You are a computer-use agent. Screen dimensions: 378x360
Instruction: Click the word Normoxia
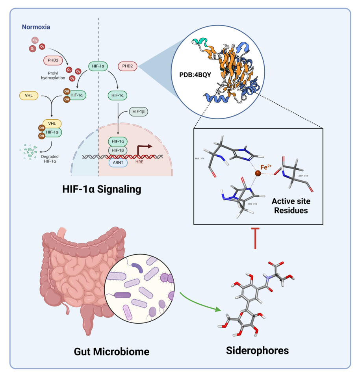[x=36, y=28]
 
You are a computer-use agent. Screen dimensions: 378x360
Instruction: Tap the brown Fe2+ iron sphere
[x=258, y=173]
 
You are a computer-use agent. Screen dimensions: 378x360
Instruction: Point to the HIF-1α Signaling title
[x=101, y=189]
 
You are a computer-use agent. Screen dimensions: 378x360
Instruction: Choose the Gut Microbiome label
[x=111, y=351]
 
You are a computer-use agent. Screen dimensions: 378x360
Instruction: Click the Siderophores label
[x=257, y=350]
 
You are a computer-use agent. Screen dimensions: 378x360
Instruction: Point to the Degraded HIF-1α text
[x=50, y=159]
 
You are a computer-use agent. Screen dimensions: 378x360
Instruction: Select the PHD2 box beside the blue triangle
[x=128, y=66]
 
